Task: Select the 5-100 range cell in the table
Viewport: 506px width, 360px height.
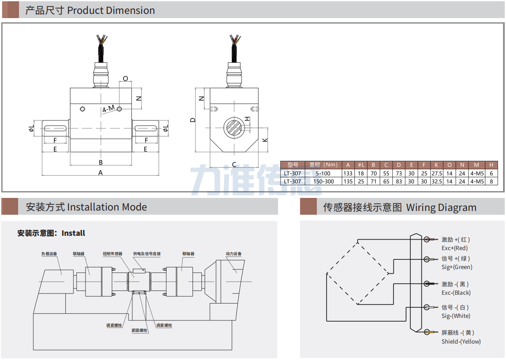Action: [323, 173]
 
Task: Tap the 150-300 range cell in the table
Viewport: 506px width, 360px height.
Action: [323, 181]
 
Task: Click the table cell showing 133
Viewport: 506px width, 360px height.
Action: [348, 173]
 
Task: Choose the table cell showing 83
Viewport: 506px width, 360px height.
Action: [399, 181]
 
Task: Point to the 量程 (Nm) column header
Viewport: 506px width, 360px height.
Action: [323, 165]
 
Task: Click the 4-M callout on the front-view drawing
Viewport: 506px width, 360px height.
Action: [108, 109]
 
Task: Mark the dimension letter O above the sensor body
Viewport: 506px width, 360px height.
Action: [125, 79]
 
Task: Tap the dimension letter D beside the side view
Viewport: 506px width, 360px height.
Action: [193, 120]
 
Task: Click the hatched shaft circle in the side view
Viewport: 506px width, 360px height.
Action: [232, 127]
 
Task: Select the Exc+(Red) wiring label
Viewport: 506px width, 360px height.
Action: [454, 248]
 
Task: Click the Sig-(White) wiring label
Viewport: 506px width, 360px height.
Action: [455, 316]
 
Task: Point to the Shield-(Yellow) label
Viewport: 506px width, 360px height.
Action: [461, 341]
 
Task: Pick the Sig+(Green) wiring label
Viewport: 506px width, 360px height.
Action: [457, 267]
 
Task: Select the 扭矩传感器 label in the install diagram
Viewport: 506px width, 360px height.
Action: [112, 254]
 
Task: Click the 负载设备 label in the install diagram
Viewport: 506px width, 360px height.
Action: [49, 254]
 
